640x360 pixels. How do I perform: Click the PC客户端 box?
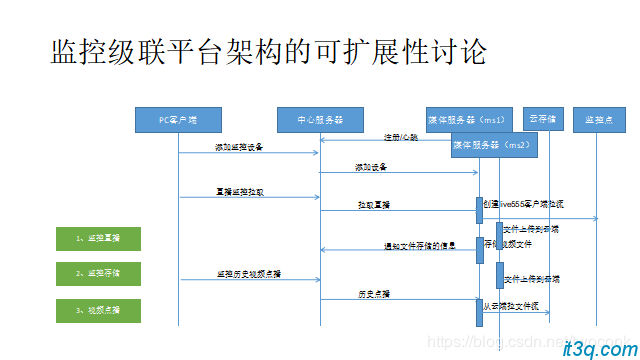(x=178, y=119)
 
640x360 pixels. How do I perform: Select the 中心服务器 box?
(x=319, y=119)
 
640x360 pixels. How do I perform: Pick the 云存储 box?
(x=543, y=119)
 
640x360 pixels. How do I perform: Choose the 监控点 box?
(x=597, y=119)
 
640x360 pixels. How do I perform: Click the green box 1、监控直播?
(x=97, y=238)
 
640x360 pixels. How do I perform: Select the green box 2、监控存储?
(x=97, y=273)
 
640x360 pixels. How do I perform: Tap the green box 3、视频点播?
(x=97, y=310)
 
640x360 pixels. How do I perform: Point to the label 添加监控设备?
(x=239, y=147)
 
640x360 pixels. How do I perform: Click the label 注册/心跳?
(x=400, y=137)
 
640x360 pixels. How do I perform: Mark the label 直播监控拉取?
(x=240, y=190)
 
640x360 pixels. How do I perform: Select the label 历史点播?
(x=373, y=294)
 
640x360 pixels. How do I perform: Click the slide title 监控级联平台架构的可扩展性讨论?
(x=269, y=53)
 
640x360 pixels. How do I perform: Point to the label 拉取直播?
(x=373, y=204)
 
